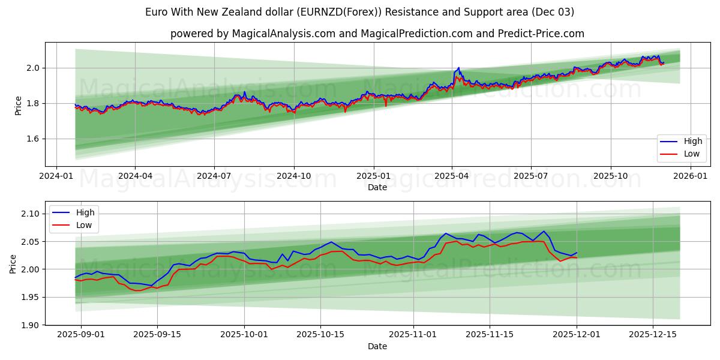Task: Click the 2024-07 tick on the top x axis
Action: click(x=214, y=176)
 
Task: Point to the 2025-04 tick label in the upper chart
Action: click(x=452, y=176)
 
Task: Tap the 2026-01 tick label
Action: click(x=690, y=176)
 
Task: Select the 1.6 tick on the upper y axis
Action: click(x=33, y=139)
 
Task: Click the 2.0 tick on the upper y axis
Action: click(x=33, y=68)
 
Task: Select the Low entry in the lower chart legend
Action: click(x=84, y=225)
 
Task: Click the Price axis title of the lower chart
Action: click(x=13, y=263)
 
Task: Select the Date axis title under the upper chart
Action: click(x=377, y=187)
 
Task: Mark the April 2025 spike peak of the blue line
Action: click(x=458, y=68)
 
